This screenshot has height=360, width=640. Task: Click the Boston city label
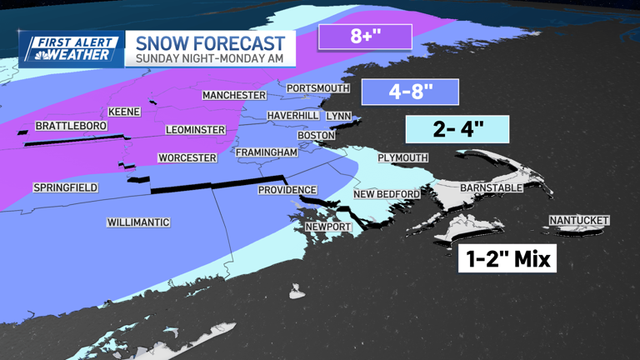point(316,136)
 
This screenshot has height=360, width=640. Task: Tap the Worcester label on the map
point(187,158)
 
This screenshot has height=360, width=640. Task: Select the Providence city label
point(287,190)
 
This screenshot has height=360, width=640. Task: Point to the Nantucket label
point(578,221)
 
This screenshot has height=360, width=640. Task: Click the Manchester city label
point(234,96)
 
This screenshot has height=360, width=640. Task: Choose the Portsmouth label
point(317,88)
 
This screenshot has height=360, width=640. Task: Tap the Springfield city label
point(65,188)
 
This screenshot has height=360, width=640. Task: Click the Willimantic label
point(138,222)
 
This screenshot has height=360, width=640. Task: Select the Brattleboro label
point(71,127)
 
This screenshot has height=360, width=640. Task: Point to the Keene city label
point(124,112)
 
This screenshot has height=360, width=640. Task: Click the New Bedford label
point(387,194)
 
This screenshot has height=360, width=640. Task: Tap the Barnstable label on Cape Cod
point(491,188)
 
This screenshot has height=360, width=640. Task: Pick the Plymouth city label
point(402,157)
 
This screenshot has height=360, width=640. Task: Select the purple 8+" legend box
point(365,37)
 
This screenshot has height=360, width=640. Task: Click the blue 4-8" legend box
point(411,92)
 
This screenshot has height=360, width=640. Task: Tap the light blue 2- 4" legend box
point(457,129)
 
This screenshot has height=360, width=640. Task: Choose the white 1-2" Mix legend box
point(507,259)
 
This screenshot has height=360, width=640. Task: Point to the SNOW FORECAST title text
point(209,43)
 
